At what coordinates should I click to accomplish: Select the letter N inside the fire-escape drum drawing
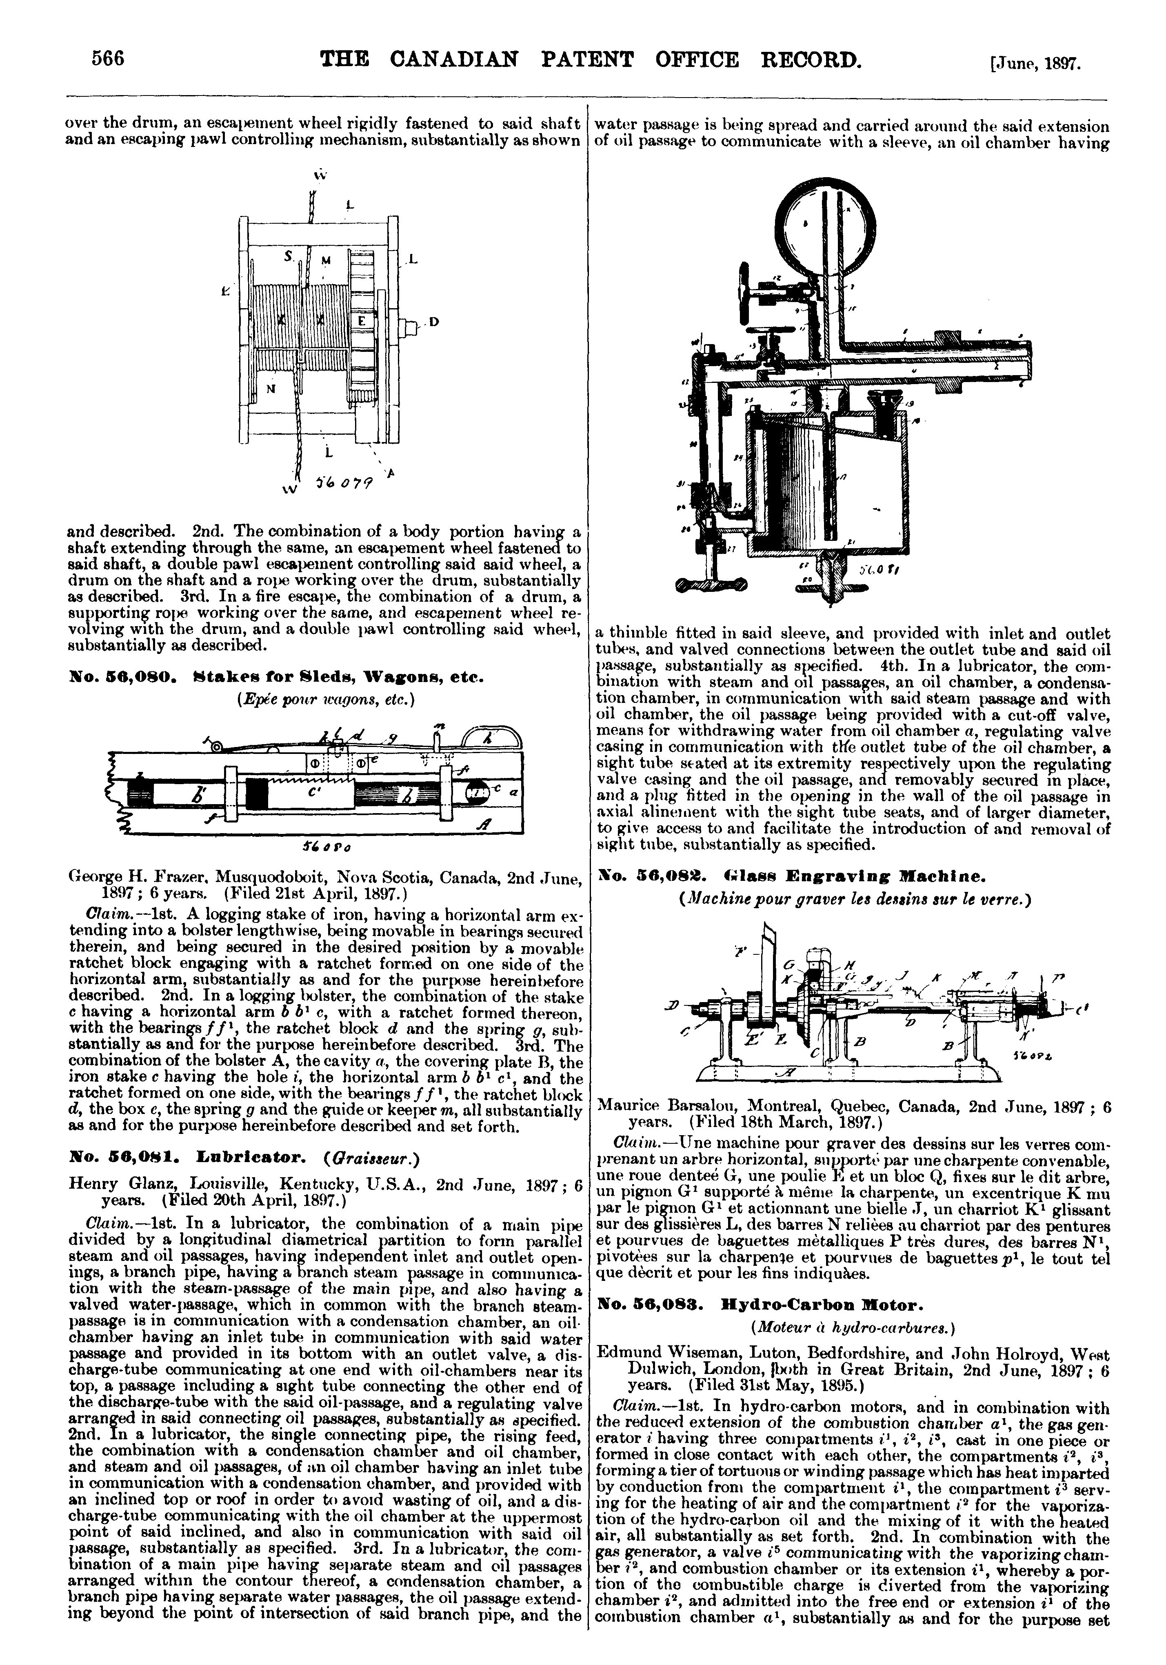tap(271, 389)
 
